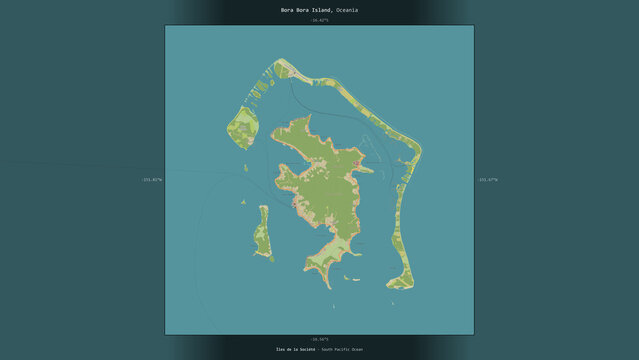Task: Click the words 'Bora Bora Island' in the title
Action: pos(303,9)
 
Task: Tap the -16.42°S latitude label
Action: pos(319,19)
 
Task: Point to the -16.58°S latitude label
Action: pos(319,339)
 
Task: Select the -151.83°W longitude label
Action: pos(151,180)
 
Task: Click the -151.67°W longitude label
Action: pos(487,180)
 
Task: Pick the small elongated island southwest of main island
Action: pos(263,236)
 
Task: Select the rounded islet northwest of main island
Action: pos(244,128)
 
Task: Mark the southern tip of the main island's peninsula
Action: pos(330,285)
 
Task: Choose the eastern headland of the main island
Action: pos(370,169)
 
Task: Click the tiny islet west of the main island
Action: pos(241,203)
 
